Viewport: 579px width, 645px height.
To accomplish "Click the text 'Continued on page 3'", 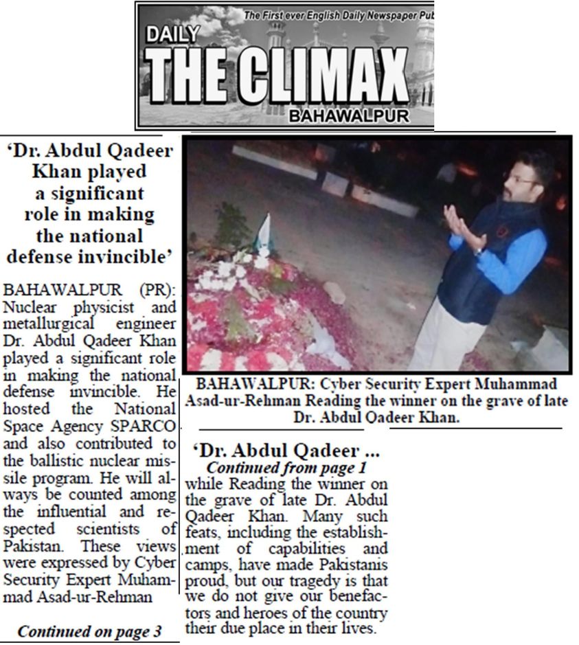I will click(x=89, y=631).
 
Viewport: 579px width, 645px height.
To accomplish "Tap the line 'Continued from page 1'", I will click(x=286, y=468).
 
